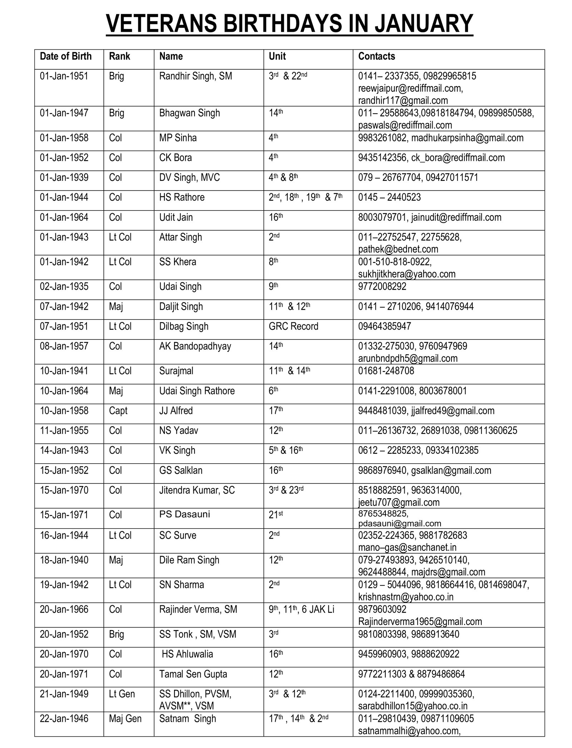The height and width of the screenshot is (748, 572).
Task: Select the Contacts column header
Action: [x=376, y=56]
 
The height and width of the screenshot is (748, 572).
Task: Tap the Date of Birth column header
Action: [x=66, y=56]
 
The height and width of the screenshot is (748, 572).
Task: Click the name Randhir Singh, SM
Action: [x=196, y=76]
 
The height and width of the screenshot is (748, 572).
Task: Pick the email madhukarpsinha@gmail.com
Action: [x=467, y=138]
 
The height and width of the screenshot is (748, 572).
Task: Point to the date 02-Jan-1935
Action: [x=64, y=287]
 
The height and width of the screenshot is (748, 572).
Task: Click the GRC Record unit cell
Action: [x=293, y=326]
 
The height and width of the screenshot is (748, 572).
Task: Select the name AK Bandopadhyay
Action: [x=195, y=346]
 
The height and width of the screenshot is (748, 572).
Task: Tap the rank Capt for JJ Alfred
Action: [x=118, y=411]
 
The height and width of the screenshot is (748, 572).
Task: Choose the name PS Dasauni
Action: [x=184, y=514]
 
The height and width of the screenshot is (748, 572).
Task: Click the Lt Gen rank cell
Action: [x=122, y=694]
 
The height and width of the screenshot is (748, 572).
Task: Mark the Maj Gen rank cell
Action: [x=125, y=719]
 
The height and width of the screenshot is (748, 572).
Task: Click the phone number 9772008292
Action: [x=382, y=287]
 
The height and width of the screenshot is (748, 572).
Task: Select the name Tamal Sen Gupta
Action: [x=193, y=674]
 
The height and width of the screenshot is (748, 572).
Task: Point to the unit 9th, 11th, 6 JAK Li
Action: [x=301, y=609]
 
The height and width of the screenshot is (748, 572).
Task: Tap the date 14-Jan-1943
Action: [x=64, y=450]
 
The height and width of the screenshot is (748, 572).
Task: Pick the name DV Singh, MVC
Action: [x=189, y=178]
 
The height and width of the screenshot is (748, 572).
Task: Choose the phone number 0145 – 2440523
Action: [x=389, y=197]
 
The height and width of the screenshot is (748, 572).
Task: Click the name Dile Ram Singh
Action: [x=189, y=560]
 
